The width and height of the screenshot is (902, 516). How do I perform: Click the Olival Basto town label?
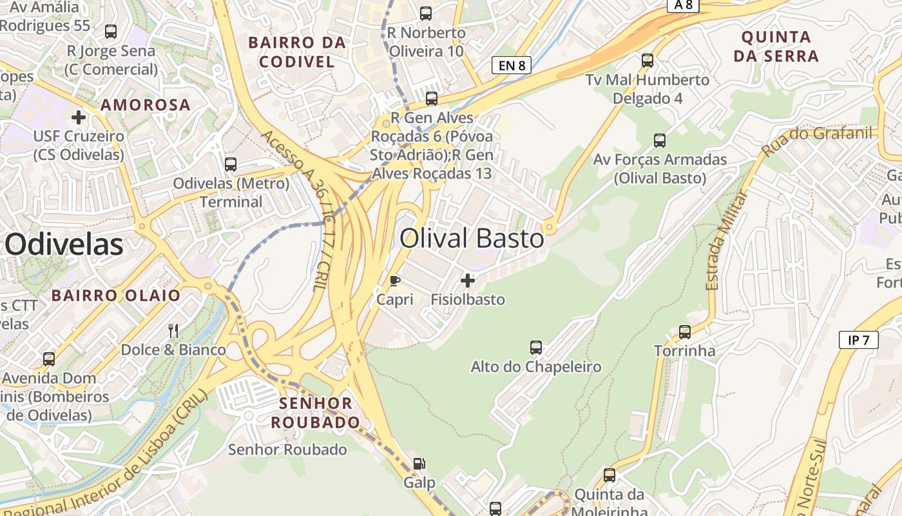pyautogui.click(x=472, y=239)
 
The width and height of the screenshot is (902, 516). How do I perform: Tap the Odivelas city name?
pyautogui.click(x=64, y=245)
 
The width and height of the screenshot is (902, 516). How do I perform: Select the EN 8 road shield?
pyautogui.click(x=512, y=64)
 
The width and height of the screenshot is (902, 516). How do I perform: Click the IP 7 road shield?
pyautogui.click(x=859, y=340)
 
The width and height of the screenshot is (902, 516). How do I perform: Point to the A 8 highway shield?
pyautogui.click(x=683, y=5)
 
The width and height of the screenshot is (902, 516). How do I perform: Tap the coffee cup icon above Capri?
pyautogui.click(x=395, y=281)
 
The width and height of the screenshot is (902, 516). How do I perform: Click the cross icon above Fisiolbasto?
pyautogui.click(x=468, y=281)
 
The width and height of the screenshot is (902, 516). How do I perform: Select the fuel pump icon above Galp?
pyautogui.click(x=419, y=463)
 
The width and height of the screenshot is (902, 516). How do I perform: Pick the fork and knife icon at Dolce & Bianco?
pyautogui.click(x=173, y=331)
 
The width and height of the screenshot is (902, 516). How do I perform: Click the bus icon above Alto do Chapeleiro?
pyautogui.click(x=536, y=348)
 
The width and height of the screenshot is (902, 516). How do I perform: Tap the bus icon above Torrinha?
pyautogui.click(x=685, y=332)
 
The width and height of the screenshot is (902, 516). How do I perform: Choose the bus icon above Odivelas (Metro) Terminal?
pyautogui.click(x=231, y=164)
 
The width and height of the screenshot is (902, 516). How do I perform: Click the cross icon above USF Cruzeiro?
pyautogui.click(x=79, y=117)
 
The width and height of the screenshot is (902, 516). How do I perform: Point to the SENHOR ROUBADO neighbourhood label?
pyautogui.click(x=315, y=413)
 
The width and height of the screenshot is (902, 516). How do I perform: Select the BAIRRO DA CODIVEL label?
pyautogui.click(x=297, y=52)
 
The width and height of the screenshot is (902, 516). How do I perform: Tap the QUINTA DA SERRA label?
pyautogui.click(x=776, y=46)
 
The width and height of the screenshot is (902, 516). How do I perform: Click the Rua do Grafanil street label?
pyautogui.click(x=817, y=142)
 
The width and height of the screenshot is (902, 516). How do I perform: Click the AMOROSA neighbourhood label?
pyautogui.click(x=146, y=104)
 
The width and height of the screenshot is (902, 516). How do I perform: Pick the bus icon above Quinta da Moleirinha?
pyautogui.click(x=609, y=475)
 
